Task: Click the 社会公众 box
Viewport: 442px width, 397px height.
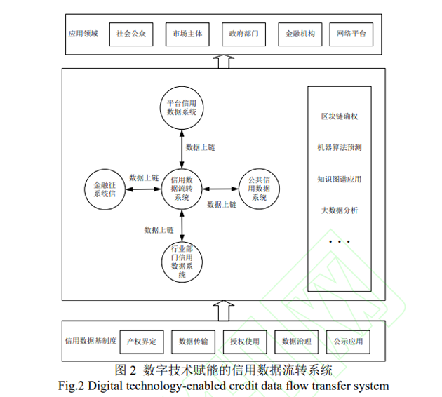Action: pos(130,34)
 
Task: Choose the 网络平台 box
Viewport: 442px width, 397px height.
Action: pos(351,34)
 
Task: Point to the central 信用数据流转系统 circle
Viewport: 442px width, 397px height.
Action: pos(182,188)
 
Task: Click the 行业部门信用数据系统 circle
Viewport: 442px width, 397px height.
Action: pos(182,262)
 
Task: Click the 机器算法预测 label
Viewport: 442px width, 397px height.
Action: pos(340,148)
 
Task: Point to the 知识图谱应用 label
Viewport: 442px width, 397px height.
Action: pos(340,179)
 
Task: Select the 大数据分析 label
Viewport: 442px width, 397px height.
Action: pos(340,210)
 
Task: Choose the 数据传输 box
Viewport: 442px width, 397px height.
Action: pos(194,342)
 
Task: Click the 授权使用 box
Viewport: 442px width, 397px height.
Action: pos(245,342)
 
